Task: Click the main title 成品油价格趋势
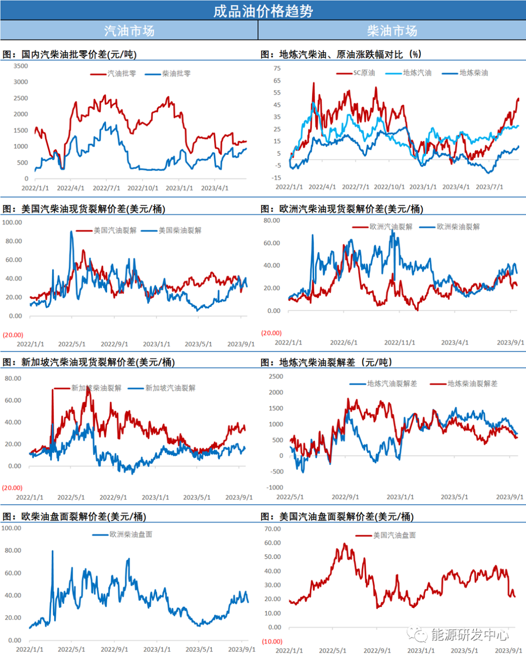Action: coord(263,11)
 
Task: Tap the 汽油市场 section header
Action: coord(129,31)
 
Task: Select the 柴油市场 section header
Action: coord(392,31)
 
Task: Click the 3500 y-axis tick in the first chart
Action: coord(21,66)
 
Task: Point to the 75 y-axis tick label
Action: coord(277,69)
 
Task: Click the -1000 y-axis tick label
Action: coord(275,488)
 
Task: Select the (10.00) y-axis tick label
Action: coord(272,641)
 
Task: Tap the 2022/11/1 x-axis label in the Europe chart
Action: coord(399,343)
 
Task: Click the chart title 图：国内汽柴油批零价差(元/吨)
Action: coord(70,55)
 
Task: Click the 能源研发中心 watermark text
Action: coord(470,635)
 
